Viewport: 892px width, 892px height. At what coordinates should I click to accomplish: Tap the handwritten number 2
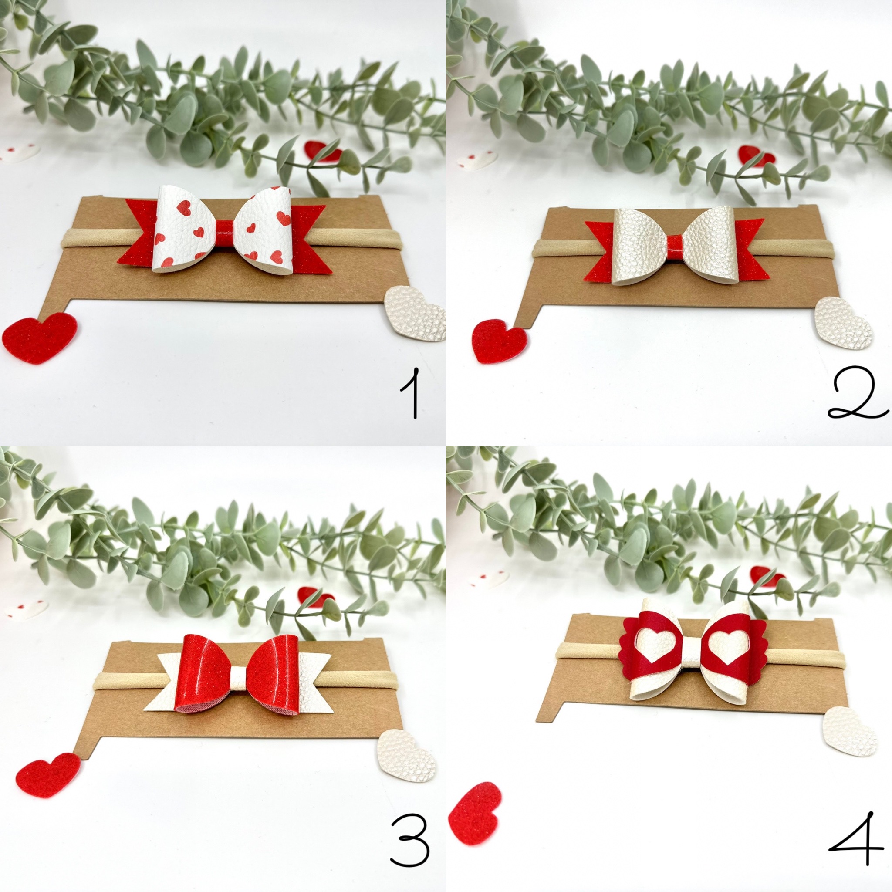click(857, 393)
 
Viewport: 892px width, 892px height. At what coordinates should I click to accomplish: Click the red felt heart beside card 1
click(40, 338)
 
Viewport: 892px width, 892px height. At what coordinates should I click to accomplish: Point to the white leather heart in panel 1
click(416, 314)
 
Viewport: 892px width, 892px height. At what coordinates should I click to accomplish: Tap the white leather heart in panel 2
click(843, 323)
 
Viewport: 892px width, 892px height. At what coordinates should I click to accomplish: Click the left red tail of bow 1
click(141, 237)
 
